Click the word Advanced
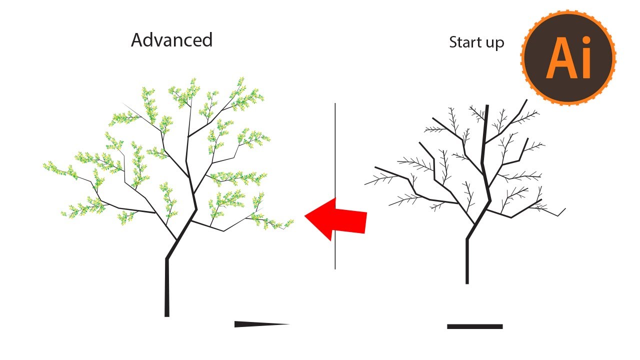point(171,40)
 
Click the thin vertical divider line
point(335,150)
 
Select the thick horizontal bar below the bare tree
point(474,326)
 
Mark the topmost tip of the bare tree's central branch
point(487,106)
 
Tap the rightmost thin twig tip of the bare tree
point(565,208)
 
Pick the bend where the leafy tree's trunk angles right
point(167,258)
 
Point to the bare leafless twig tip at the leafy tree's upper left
point(123,103)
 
